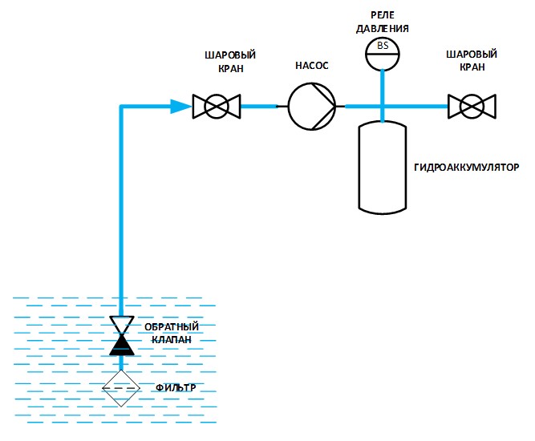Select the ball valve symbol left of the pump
[217, 106]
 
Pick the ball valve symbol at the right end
[472, 106]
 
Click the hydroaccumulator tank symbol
[383, 167]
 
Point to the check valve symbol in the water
[122, 335]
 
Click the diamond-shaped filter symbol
[121, 387]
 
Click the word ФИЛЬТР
[175, 388]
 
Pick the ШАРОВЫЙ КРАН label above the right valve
[472, 62]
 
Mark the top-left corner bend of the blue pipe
[122, 106]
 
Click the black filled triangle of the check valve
[122, 345]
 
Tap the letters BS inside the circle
[383, 46]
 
